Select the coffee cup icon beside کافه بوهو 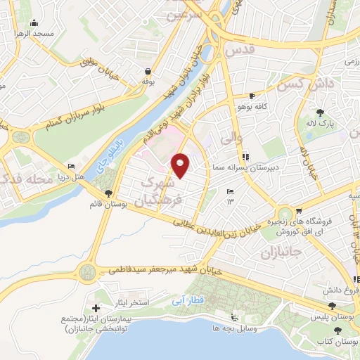(x=252, y=96)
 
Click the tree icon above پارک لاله (x=321, y=112)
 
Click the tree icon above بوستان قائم (x=108, y=193)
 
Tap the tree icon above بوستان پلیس (x=333, y=307)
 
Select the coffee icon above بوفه (x=148, y=71)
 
